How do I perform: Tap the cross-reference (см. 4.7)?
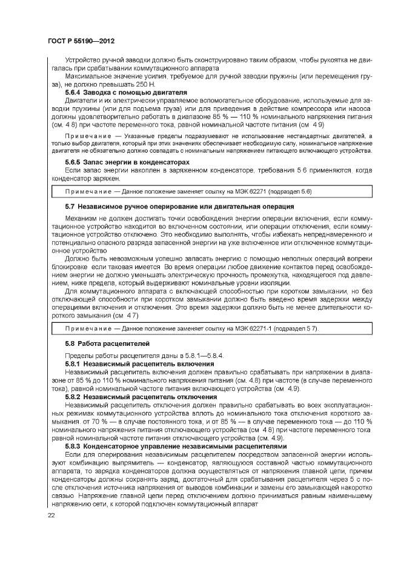click(124, 315)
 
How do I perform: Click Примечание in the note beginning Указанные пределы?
click(89, 137)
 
